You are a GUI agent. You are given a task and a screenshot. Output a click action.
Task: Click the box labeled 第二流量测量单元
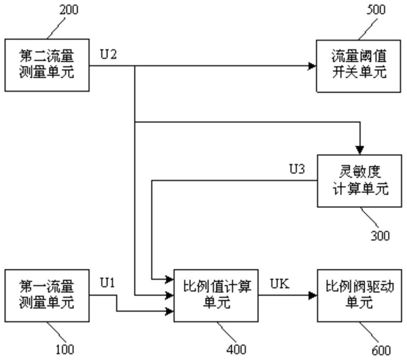pyautogui.click(x=47, y=65)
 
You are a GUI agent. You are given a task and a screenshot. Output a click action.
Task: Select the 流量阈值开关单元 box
pyautogui.click(x=359, y=66)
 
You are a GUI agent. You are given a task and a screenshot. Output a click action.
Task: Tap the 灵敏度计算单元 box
pyautogui.click(x=359, y=181)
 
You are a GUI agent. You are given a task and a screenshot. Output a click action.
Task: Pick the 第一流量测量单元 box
pyautogui.click(x=47, y=295)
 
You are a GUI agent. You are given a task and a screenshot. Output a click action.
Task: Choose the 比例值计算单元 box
pyautogui.click(x=216, y=295)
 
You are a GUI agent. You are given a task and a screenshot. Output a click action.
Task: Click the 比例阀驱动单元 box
pyautogui.click(x=359, y=295)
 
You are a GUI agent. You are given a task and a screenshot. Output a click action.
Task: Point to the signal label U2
pyautogui.click(x=109, y=54)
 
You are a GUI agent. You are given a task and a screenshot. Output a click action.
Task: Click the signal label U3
pyautogui.click(x=297, y=169)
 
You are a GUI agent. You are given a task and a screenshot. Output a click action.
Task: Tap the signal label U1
pyautogui.click(x=107, y=283)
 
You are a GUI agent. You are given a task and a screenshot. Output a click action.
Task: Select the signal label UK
pyautogui.click(x=280, y=283)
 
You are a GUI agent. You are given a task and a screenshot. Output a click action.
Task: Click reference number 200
pyautogui.click(x=69, y=10)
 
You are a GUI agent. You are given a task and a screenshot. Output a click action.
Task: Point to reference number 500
pyautogui.click(x=376, y=10)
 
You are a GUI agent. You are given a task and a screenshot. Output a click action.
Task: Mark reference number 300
pyautogui.click(x=381, y=236)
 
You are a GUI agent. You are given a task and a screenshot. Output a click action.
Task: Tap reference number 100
pyautogui.click(x=65, y=350)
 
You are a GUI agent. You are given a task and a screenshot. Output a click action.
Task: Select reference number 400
pyautogui.click(x=236, y=350)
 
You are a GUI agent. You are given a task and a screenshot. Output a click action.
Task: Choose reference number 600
pyautogui.click(x=381, y=350)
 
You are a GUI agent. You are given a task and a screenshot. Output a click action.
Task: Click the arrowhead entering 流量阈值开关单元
pyautogui.click(x=313, y=66)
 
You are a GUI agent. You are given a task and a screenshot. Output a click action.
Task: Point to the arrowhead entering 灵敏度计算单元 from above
pyautogui.click(x=359, y=151)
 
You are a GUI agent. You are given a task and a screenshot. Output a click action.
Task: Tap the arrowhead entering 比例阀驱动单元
pyautogui.click(x=313, y=295)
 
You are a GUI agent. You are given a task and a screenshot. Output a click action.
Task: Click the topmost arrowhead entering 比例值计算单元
pyautogui.click(x=169, y=279)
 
